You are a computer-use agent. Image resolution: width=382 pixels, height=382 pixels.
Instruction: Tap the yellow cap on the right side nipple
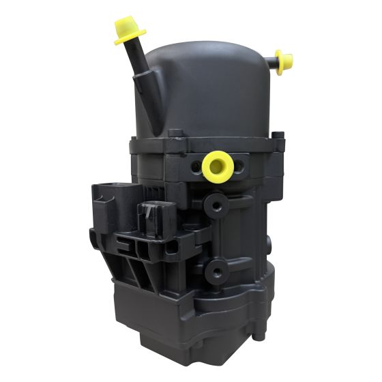click(284, 60)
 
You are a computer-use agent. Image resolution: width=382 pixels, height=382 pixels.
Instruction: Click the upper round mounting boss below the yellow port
click(217, 205)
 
